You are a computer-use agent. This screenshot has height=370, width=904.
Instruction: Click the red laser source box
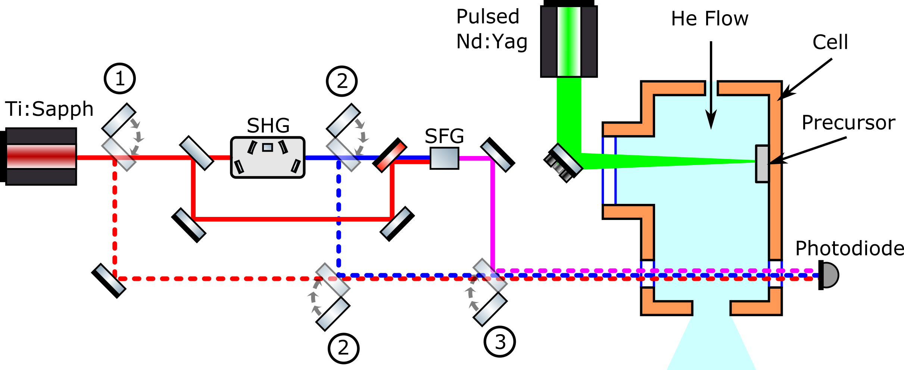(x=41, y=156)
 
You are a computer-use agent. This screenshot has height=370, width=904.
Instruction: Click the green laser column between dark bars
(x=569, y=41)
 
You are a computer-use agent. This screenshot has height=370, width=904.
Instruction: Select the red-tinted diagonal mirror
(x=391, y=156)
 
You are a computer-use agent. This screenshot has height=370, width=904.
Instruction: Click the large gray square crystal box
(x=444, y=158)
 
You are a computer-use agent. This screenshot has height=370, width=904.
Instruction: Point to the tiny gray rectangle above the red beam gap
(x=267, y=147)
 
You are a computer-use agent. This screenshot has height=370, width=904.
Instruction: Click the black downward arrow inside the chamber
(x=711, y=112)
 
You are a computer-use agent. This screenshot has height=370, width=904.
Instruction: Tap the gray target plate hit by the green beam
(x=762, y=164)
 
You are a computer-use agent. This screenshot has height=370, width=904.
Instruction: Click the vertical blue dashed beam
(x=339, y=217)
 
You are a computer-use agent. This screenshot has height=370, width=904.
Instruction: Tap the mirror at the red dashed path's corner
(x=110, y=279)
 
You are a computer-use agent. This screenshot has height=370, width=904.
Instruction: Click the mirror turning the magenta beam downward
(x=496, y=156)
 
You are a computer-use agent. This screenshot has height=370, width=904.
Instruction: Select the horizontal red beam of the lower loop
(x=291, y=219)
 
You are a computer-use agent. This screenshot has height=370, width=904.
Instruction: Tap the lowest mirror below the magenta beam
(x=490, y=309)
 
